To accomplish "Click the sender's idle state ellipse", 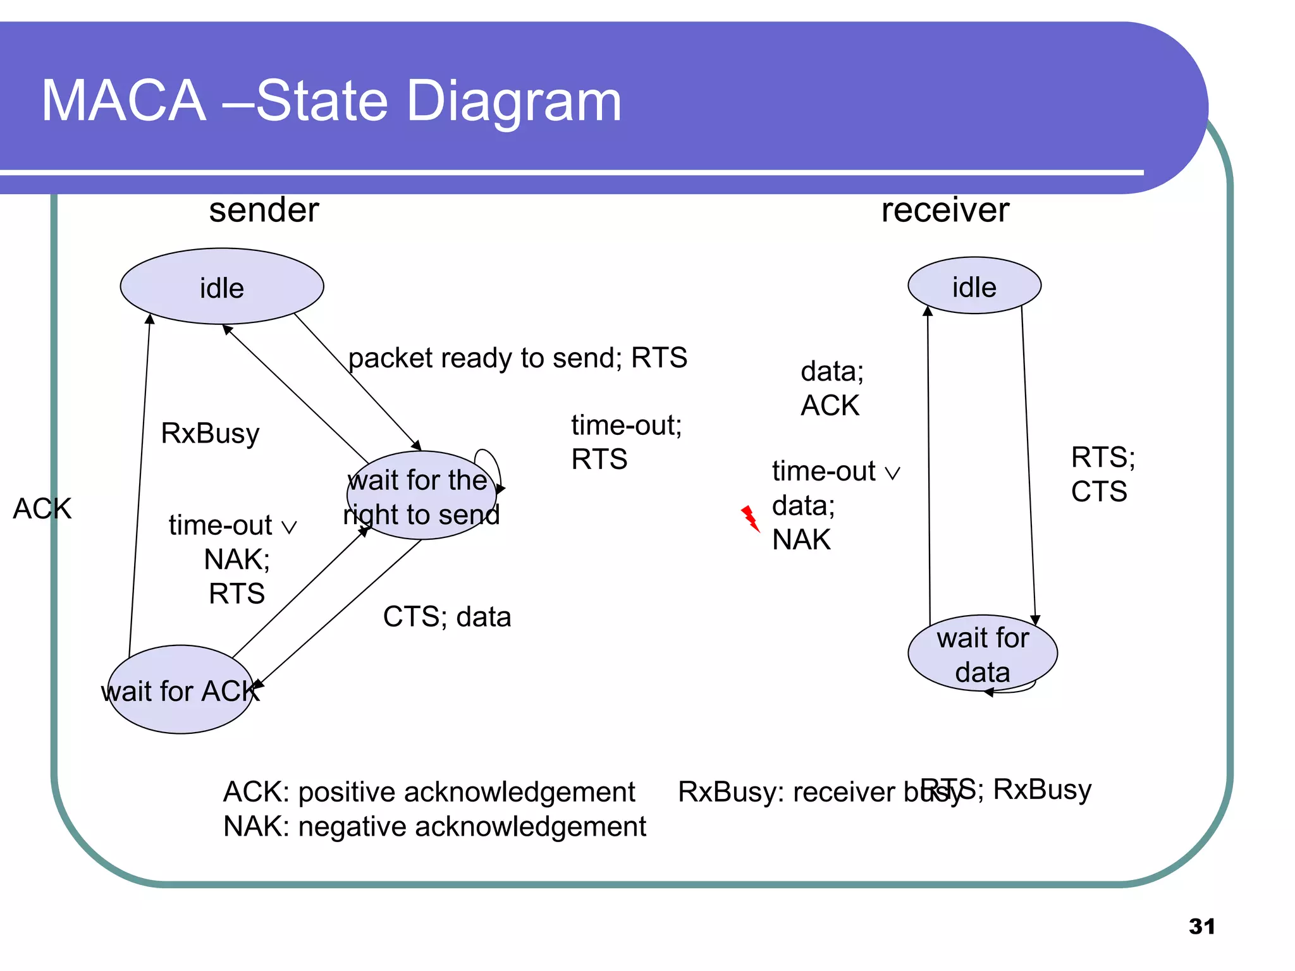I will tap(222, 286).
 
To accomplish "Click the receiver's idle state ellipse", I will tap(974, 286).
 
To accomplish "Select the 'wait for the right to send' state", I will tap(421, 496).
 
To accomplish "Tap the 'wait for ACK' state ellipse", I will tap(180, 690).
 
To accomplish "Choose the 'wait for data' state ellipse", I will tap(982, 654).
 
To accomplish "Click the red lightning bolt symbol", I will tap(750, 518).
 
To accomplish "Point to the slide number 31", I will tap(1201, 926).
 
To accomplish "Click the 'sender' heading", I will tap(264, 210).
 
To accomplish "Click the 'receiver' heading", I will tap(945, 210).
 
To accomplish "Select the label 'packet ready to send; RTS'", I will tap(517, 358).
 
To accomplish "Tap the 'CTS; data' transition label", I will tap(446, 616).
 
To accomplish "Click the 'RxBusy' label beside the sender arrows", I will tap(210, 434).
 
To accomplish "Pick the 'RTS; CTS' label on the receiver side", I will tap(1102, 474).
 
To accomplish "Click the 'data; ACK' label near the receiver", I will tap(831, 388).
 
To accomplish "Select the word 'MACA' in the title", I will tap(123, 101).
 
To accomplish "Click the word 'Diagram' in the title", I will tap(513, 101).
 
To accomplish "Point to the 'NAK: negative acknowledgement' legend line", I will tap(434, 827).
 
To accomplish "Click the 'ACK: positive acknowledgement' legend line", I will tap(429, 792).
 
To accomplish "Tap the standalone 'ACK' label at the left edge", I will tap(42, 508).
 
